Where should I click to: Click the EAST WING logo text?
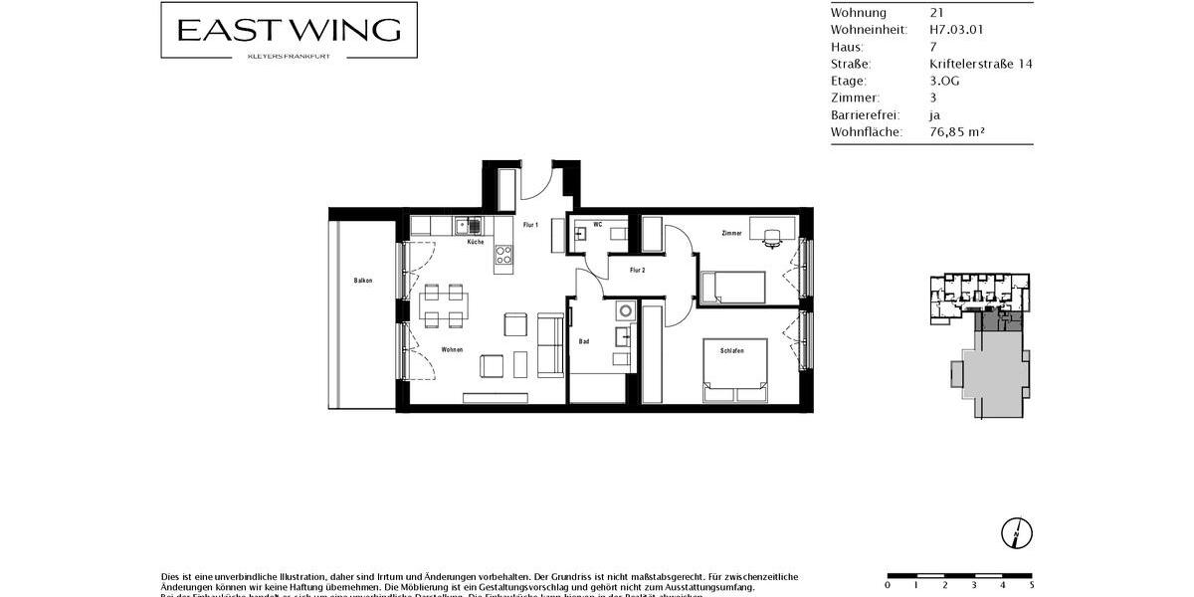tap(289, 30)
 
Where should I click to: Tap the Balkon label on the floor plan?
tap(363, 281)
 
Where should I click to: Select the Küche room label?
tap(476, 242)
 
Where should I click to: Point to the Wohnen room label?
tap(453, 349)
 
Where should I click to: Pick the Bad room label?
tap(584, 341)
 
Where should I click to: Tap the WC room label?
tap(598, 225)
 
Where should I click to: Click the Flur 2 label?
tap(638, 270)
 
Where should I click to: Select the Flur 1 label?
tap(530, 225)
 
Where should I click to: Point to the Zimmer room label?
tap(732, 233)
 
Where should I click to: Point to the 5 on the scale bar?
tap(1031, 585)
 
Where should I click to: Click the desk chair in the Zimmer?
tap(771, 237)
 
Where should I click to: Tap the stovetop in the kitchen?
tap(502, 257)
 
